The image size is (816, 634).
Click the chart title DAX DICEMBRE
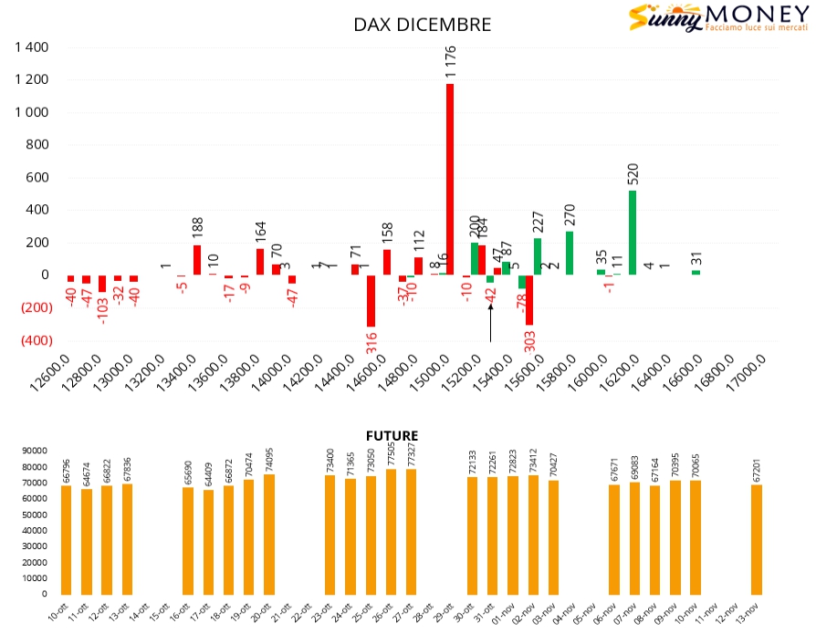point(422,25)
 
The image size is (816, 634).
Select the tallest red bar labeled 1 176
point(450,179)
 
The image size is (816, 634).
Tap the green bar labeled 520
point(633,233)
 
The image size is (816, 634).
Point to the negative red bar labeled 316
point(371,301)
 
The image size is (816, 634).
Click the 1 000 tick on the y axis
point(33,113)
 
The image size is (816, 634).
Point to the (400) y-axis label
point(31,340)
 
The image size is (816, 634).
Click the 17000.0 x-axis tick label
point(755,372)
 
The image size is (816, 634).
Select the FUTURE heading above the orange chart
point(392,436)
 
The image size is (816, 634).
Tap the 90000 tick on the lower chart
point(36,451)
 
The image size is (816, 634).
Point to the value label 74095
point(269,458)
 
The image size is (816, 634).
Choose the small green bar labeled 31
point(696,272)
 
